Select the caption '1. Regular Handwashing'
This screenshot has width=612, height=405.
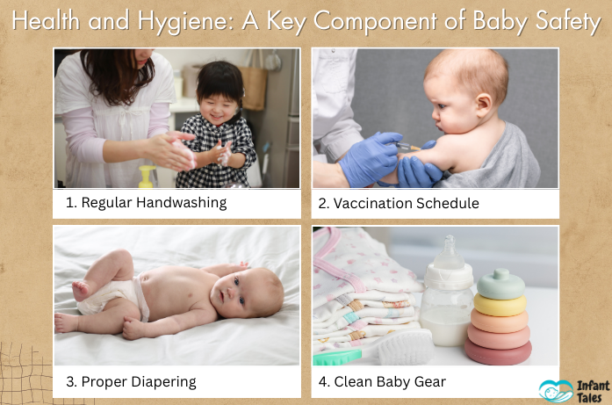point(146,203)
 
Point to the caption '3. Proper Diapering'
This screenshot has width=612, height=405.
point(131,381)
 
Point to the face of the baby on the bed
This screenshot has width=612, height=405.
point(251,295)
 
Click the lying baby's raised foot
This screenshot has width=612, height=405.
point(81,287)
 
